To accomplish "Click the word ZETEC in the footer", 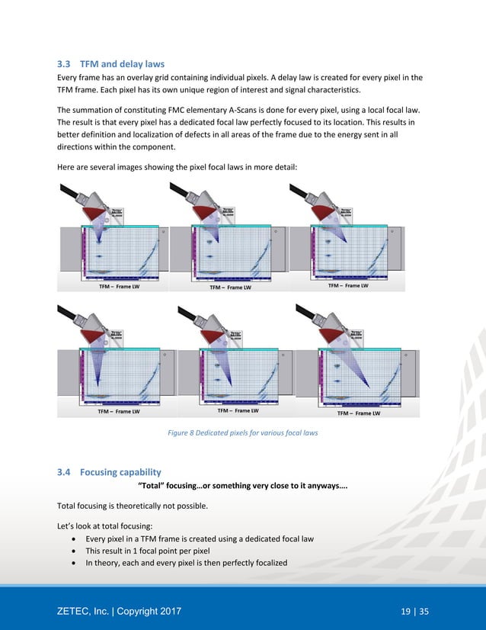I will tap(78, 611).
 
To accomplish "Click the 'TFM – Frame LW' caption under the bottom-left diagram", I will tap(118, 412).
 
